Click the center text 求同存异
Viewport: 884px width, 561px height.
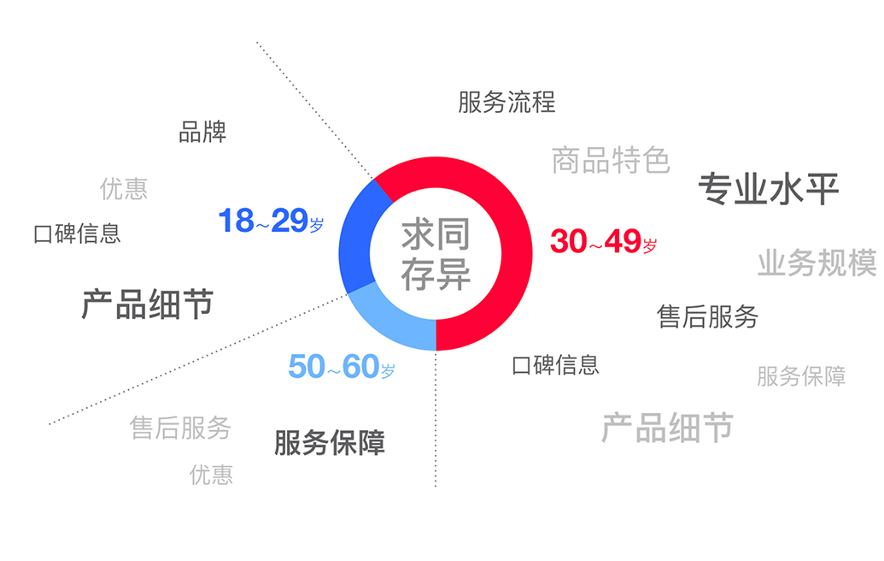[436, 254]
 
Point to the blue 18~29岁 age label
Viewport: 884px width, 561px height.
[271, 220]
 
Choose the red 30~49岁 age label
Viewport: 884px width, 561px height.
[603, 241]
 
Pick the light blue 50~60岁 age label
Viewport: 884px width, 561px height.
[341, 366]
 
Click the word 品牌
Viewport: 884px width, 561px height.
[202, 132]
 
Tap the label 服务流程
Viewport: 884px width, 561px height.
[506, 102]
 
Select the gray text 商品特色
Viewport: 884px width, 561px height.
[611, 160]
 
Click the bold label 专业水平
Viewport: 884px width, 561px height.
[769, 188]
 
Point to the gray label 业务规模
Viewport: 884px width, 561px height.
[817, 263]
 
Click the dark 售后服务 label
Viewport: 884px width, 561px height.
[707, 316]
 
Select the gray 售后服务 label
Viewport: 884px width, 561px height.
[180, 428]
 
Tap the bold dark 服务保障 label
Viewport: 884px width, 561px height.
[329, 442]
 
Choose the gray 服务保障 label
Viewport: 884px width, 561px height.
[801, 376]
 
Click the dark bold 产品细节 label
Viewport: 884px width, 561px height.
[147, 304]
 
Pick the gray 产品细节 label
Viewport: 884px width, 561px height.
[667, 428]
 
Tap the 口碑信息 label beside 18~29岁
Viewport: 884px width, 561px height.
[77, 233]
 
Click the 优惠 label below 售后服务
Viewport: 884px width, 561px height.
[211, 475]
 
